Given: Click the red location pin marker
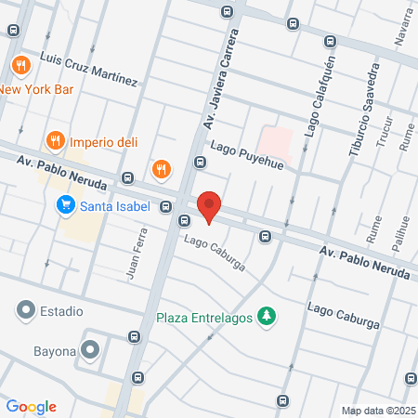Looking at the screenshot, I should pos(209,205).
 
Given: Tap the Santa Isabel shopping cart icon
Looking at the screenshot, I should pos(65,205).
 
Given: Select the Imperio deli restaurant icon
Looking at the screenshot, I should pos(56,141).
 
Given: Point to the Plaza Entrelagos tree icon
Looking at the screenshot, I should pos(267,317).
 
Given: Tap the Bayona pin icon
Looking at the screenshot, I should pos(90,349).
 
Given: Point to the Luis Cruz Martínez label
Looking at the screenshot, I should pos(89,70).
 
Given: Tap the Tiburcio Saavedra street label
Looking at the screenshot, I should pos(363,110).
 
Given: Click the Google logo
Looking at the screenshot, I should pos(32,406).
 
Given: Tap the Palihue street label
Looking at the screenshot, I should pos(402,234).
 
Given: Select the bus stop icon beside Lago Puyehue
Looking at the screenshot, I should pos(199,163).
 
